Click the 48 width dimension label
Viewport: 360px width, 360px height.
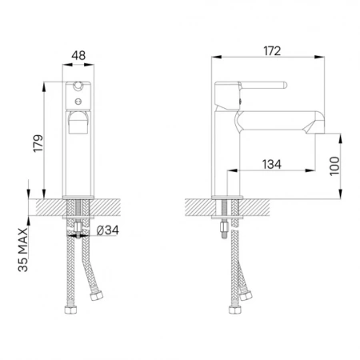click(78, 55)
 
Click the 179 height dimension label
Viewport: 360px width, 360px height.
click(38, 143)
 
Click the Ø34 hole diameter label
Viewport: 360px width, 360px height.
click(107, 230)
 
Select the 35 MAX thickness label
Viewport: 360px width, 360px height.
click(23, 250)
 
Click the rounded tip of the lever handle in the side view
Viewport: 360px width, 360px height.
click(285, 85)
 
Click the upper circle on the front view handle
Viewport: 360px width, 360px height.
click(78, 86)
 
